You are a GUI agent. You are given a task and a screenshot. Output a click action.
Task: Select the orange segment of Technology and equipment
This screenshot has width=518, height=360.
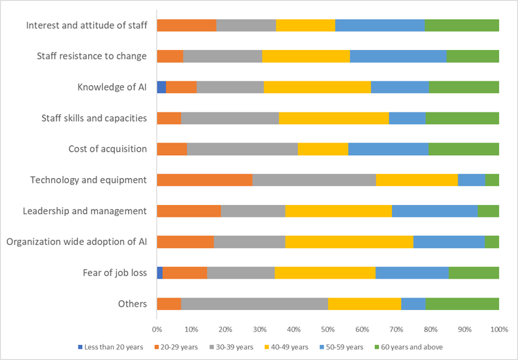point(204,179)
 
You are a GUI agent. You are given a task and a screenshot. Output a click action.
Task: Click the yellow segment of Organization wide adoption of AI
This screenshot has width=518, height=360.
point(349,242)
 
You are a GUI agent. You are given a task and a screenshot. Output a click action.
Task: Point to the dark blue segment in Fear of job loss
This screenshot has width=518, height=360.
point(160,273)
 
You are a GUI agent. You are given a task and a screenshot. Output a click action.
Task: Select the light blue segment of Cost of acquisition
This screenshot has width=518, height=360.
point(388,148)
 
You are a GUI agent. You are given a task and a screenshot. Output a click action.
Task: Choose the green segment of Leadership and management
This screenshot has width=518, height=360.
point(488,211)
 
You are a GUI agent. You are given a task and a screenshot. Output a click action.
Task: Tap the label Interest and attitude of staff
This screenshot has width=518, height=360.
point(86,25)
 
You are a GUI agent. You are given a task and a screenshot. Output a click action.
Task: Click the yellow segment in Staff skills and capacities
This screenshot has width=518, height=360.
point(334,118)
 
